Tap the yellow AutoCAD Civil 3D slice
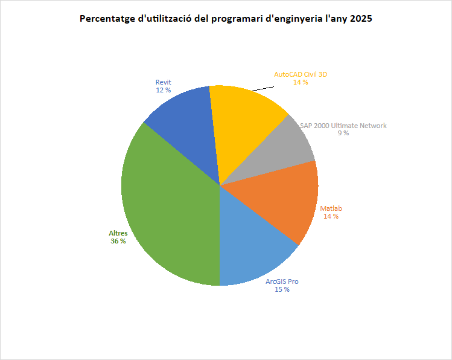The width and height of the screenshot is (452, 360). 244,124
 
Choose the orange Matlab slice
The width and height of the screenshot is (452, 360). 284,199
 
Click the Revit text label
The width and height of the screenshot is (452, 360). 163,82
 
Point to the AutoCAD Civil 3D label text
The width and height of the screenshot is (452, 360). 301,74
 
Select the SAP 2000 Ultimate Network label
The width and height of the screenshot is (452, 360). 343,126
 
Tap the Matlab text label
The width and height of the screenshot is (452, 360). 331,208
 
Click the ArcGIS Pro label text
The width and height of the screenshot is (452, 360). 282,281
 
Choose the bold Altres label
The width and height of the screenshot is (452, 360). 118,233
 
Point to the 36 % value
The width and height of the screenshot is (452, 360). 118,241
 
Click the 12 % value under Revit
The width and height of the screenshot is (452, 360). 163,90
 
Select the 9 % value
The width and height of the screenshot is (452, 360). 343,133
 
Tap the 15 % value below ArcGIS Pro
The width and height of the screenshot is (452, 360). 282,289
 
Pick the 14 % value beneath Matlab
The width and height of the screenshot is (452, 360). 331,216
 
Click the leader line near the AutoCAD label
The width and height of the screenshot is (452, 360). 262,88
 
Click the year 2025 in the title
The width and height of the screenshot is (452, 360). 360,19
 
